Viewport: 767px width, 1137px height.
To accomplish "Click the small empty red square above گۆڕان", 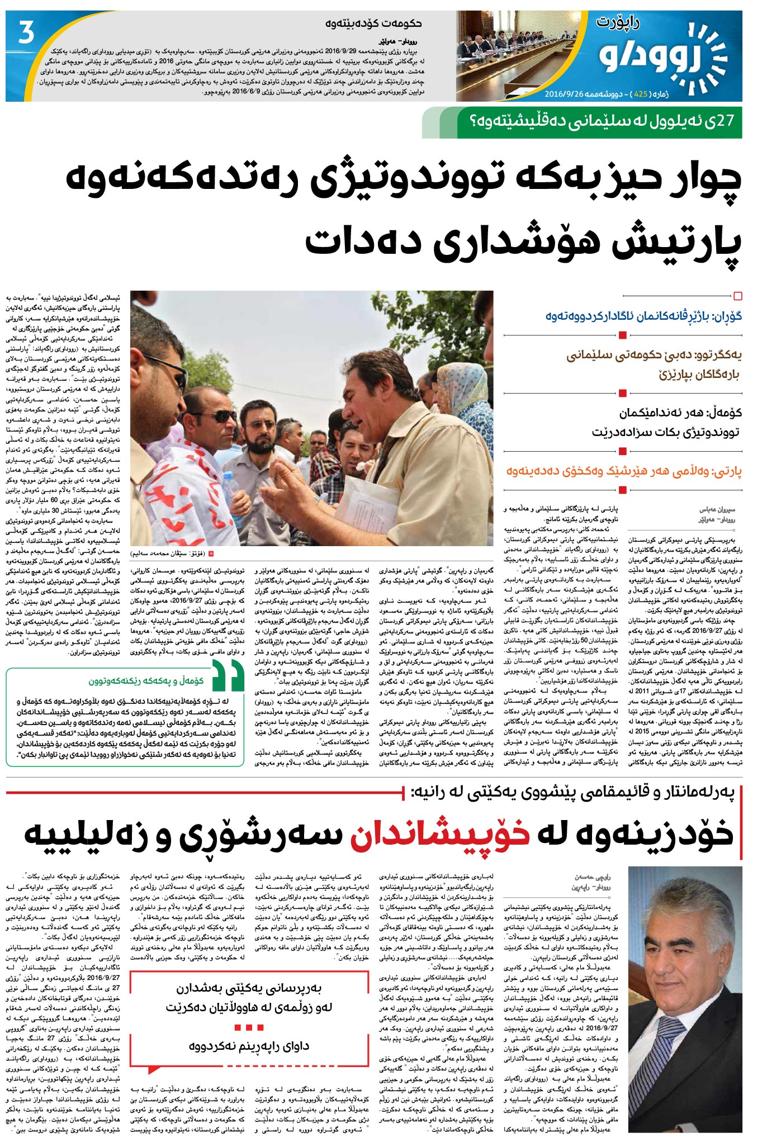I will click(737, 296).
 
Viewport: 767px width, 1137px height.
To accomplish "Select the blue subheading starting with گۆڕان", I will click(643, 316).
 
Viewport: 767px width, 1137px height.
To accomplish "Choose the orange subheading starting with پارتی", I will click(624, 471).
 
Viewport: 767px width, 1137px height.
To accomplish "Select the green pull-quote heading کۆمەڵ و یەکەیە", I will click(146, 680).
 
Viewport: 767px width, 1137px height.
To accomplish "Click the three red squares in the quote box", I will click(249, 1027).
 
